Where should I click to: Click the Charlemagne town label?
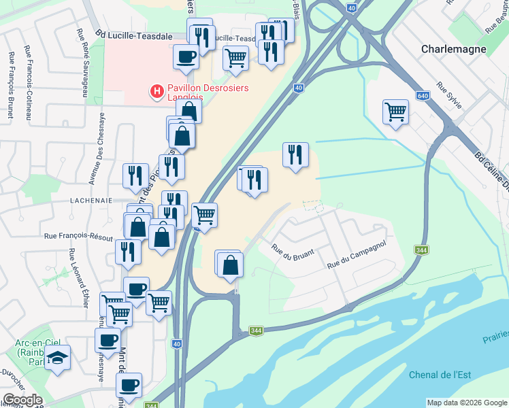[453, 49]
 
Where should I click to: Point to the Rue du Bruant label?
[293, 250]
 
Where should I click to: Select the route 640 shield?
[423, 97]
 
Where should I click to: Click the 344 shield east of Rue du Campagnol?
[422, 250]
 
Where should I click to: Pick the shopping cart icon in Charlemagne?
[395, 111]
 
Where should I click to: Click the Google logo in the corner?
[22, 400]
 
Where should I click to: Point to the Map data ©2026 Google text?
[467, 403]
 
